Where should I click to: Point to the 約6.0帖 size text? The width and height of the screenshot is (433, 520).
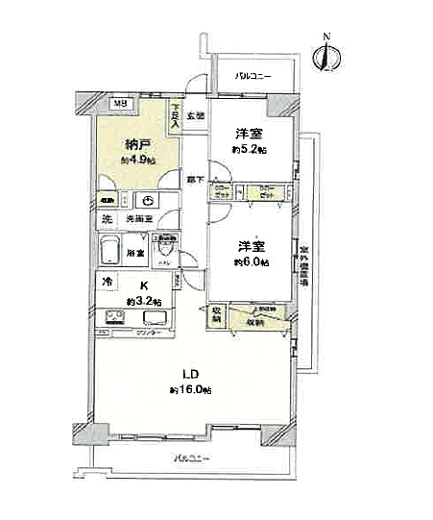click(253, 261)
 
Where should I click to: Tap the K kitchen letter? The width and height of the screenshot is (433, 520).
click(143, 285)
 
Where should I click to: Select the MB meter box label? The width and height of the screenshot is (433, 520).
click(121, 103)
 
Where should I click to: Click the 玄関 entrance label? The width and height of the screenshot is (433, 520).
click(195, 115)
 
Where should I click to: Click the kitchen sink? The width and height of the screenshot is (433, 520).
click(158, 319)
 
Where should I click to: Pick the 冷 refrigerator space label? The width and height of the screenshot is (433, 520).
click(108, 282)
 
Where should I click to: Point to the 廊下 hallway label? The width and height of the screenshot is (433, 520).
click(195, 180)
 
